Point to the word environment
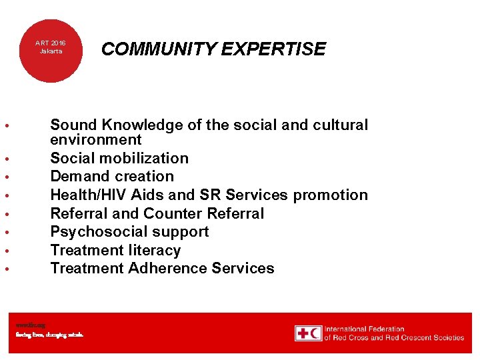pos(96,140)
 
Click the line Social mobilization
pos(119,159)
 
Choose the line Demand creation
pos(112,177)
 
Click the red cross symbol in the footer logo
pos(303,333)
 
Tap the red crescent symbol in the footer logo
pos(315,333)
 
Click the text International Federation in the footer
pos(364,329)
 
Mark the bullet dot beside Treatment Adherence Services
pos(5,269)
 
